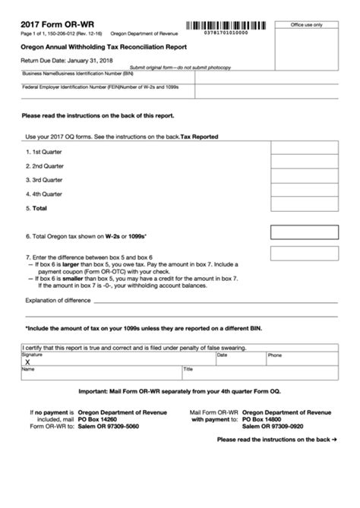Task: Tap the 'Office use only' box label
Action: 307,25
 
